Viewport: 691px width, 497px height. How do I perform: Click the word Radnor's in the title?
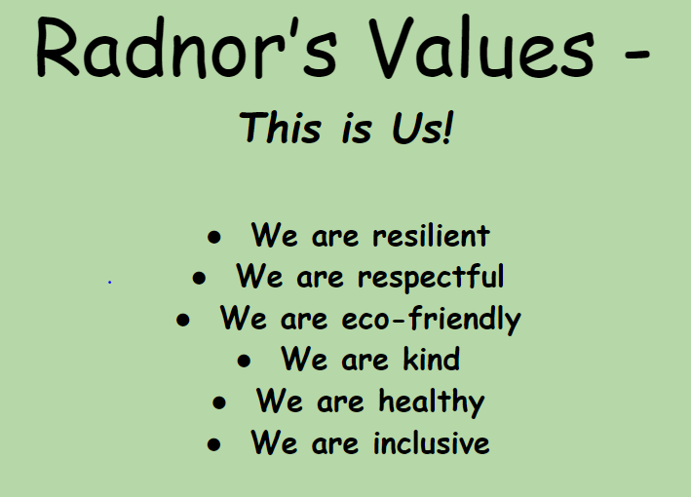[x=186, y=48]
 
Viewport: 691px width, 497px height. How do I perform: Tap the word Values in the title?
[x=481, y=48]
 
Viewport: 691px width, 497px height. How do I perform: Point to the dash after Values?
[x=636, y=56]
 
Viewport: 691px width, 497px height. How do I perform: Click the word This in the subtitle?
[x=280, y=128]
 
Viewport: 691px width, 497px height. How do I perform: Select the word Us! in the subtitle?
[x=423, y=128]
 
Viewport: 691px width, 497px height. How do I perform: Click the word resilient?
[x=431, y=235]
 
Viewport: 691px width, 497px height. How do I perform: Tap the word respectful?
[x=431, y=278]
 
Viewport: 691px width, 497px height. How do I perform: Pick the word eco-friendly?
[x=431, y=319]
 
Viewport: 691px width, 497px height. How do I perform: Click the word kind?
[x=431, y=359]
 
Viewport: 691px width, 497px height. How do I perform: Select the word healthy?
[x=432, y=401]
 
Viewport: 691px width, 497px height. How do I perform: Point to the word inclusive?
[x=431, y=441]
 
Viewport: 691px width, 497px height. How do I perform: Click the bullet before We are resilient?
[x=214, y=237]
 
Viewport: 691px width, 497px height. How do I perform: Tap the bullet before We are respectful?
[x=199, y=278]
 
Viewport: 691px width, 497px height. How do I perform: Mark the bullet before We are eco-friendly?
[x=183, y=320]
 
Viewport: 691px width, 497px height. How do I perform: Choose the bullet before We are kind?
[x=244, y=361]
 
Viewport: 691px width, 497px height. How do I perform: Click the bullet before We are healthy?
[x=219, y=402]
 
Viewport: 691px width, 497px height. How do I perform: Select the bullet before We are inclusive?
[x=213, y=444]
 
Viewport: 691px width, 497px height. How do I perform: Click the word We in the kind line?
[x=304, y=359]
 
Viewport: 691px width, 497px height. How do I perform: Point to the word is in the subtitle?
[x=357, y=130]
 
